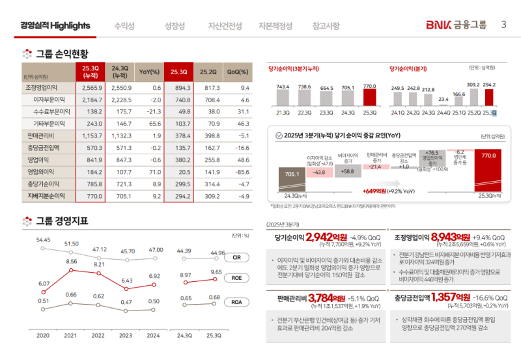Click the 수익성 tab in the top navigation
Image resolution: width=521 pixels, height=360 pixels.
pos(124,26)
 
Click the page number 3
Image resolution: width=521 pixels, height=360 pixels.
pos(503,25)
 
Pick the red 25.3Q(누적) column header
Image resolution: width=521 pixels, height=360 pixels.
pos(90,71)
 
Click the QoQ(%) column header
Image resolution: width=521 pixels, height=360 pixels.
pos(238,72)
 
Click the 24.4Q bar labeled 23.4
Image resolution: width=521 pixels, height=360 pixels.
pos(444,105)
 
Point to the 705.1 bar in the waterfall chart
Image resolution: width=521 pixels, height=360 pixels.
pos(292,176)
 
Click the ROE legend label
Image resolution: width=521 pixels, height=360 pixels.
pos(236,278)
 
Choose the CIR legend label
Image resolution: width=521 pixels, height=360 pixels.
pos(236,257)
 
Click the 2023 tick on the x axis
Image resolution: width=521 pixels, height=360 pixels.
pos(126,335)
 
